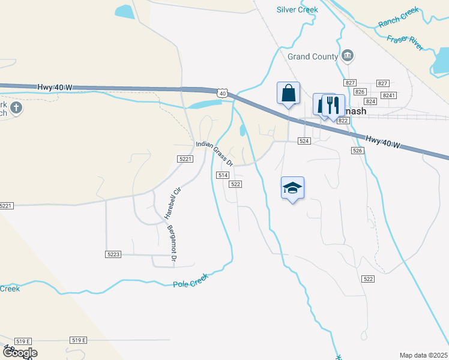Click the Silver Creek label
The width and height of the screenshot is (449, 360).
[x=297, y=10]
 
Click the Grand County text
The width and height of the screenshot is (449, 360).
[x=313, y=56]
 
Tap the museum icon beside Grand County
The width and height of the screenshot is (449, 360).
[x=348, y=56]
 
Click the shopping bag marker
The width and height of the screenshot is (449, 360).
[x=288, y=94]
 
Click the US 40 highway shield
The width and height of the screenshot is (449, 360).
[x=223, y=93]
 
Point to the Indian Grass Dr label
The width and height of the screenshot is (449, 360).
[x=214, y=153]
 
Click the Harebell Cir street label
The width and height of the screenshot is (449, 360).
[x=173, y=202]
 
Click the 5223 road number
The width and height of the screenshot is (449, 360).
[x=113, y=254]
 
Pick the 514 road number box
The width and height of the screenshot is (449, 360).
[x=223, y=175]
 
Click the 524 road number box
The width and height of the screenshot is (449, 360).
[x=304, y=140]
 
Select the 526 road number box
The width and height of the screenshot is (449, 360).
[x=358, y=150]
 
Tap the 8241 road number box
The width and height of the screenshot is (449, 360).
[x=389, y=95]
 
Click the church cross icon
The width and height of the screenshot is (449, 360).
[x=16, y=108]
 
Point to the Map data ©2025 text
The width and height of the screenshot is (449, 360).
[x=423, y=355]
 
